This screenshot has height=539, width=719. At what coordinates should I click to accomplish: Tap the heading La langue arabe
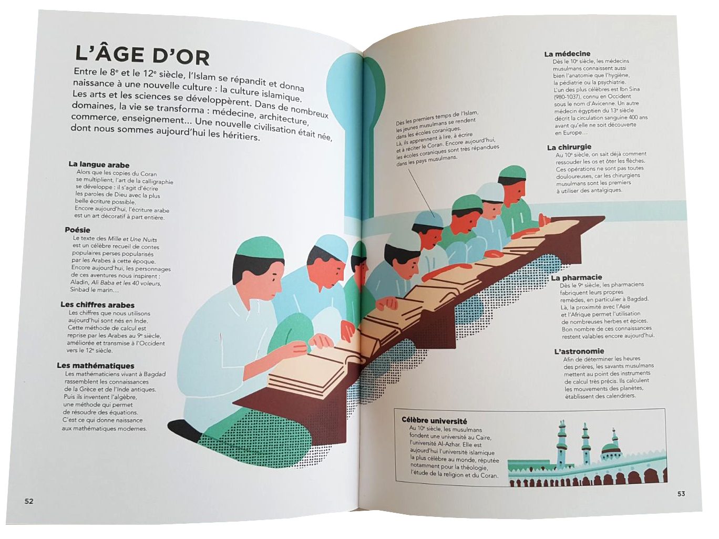(99, 165)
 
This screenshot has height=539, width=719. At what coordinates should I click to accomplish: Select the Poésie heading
(77, 230)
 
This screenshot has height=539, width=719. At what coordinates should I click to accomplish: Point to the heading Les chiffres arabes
(97, 305)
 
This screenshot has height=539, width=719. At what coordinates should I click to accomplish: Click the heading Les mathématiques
(96, 366)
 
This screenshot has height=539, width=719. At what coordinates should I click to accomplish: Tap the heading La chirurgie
(569, 147)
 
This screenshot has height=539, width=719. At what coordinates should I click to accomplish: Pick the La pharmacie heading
(576, 278)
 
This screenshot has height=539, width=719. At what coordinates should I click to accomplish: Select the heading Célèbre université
(434, 421)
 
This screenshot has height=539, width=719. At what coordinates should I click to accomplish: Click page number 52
(29, 501)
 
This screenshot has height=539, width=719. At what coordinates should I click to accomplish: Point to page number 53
(681, 494)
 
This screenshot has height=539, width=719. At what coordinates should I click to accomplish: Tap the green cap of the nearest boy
(260, 247)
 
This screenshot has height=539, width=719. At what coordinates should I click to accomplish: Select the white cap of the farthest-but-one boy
(490, 192)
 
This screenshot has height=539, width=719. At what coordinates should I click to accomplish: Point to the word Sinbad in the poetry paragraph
(79, 289)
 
